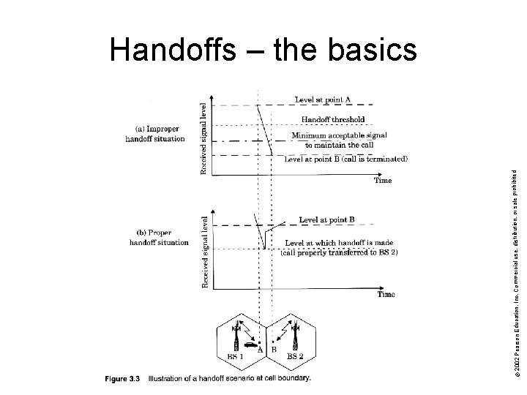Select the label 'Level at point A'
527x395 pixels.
[322, 99]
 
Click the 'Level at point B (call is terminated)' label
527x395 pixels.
[345, 158]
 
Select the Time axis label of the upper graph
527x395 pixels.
[382, 180]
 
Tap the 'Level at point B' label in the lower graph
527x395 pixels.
[326, 219]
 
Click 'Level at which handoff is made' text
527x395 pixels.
[329, 244]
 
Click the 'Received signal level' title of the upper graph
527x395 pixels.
[204, 138]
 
